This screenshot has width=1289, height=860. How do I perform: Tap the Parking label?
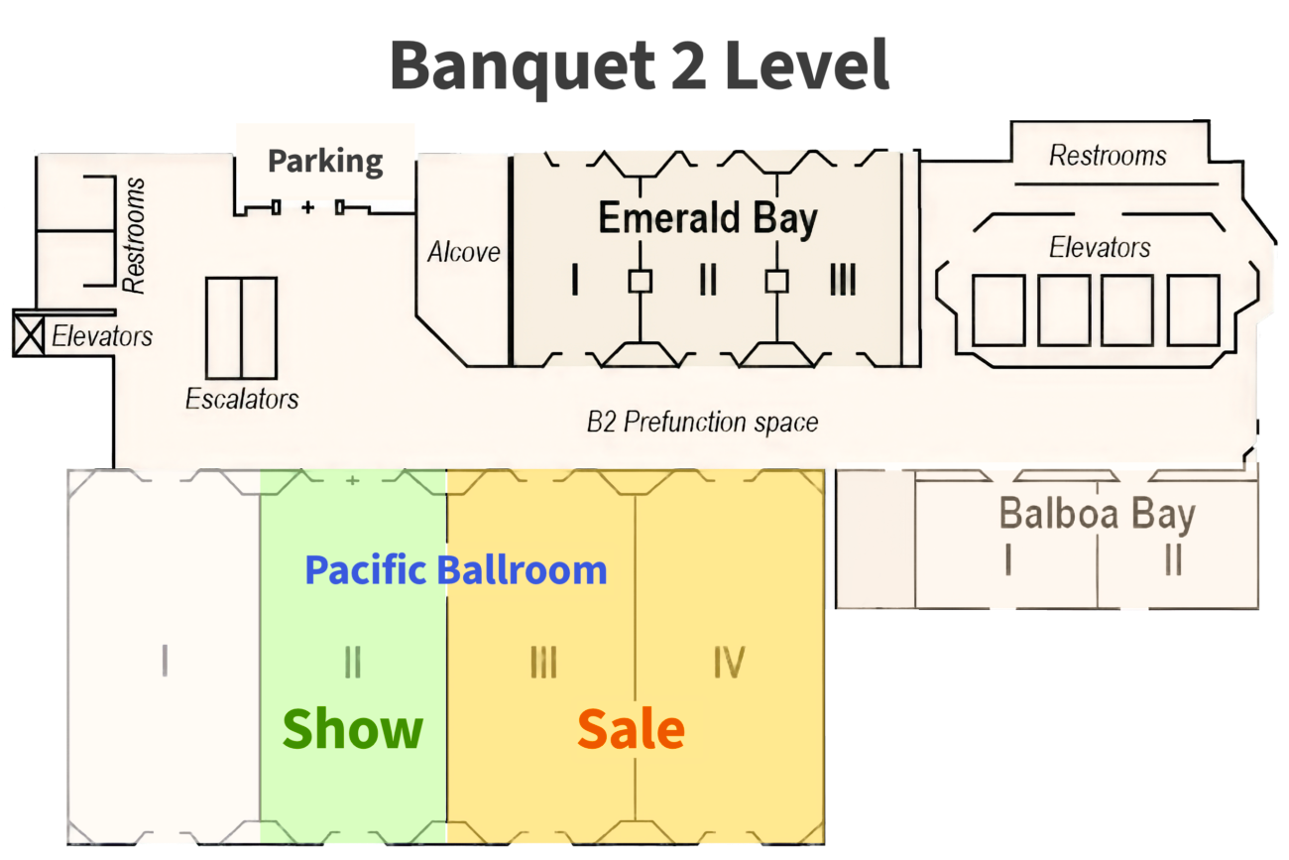tap(325, 161)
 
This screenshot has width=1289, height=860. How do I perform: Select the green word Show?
tap(352, 729)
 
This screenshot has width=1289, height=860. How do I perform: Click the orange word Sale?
tap(631, 730)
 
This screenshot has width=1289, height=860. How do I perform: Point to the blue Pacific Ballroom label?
tap(455, 570)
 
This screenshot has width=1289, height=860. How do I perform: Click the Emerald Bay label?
tap(708, 219)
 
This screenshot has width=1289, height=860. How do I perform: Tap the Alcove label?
tap(463, 252)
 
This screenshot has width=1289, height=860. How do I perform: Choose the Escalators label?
tap(242, 399)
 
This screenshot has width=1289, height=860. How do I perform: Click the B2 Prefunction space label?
tap(702, 423)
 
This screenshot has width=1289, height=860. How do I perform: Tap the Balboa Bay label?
tap(1097, 515)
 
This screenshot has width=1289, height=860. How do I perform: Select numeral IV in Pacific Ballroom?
tap(729, 663)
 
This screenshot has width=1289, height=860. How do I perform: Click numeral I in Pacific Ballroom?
tap(165, 661)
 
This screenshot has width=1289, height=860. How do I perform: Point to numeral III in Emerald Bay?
tap(842, 282)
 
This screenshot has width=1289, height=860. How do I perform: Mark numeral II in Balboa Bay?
tap(1173, 560)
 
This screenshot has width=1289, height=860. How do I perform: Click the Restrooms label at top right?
tap(1108, 156)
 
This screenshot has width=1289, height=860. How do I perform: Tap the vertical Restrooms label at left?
tap(134, 235)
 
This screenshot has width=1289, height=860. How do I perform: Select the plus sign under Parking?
tap(308, 206)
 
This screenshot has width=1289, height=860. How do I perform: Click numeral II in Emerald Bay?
tap(707, 282)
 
